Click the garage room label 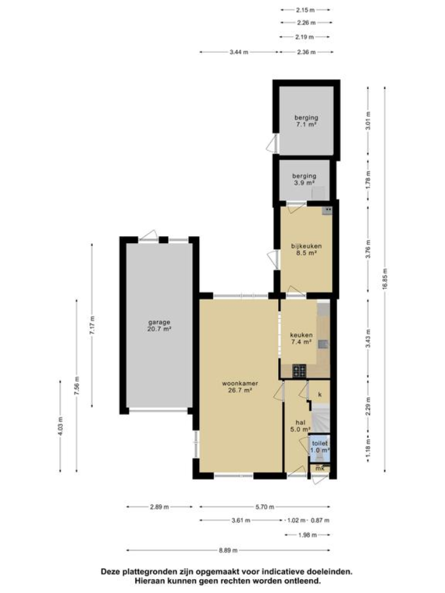click(x=159, y=325)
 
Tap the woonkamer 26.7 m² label click(x=237, y=387)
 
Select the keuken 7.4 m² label click(x=300, y=338)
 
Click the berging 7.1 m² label click(x=305, y=121)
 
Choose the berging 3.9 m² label click(x=304, y=178)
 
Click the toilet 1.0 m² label click(x=319, y=446)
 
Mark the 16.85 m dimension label click(x=385, y=278)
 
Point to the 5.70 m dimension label click(x=264, y=507)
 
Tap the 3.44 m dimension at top click(x=239, y=52)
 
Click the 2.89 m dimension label click(x=159, y=507)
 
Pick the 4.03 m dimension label click(x=60, y=425)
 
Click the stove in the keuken click(x=299, y=370)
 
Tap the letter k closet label click(x=320, y=394)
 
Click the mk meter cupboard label click(x=321, y=469)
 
